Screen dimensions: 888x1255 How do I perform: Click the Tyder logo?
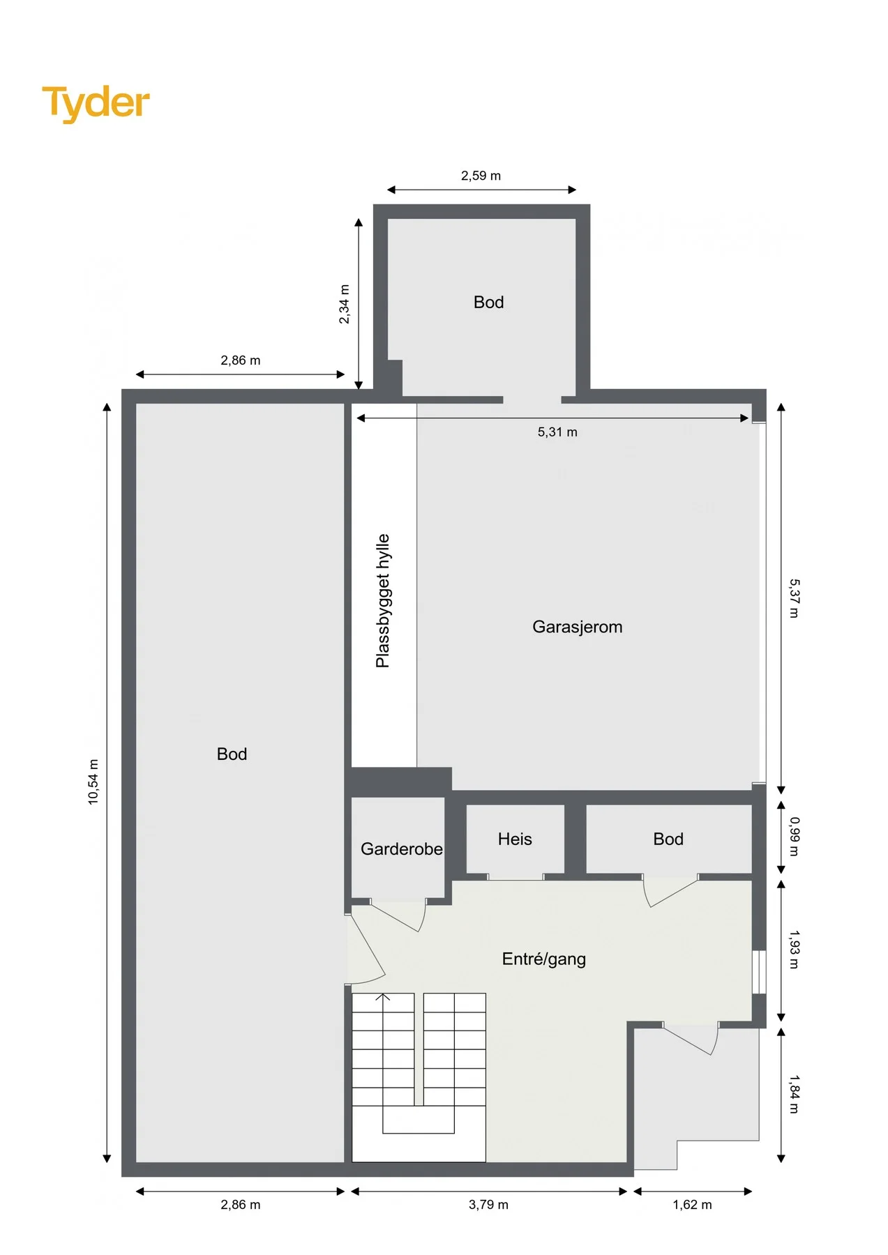click(96, 103)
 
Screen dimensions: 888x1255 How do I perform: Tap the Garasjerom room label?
click(577, 627)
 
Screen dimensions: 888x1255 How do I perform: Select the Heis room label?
click(515, 839)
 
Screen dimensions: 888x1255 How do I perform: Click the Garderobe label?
click(401, 849)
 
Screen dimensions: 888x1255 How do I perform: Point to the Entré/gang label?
click(543, 959)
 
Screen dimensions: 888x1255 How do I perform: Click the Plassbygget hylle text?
click(383, 601)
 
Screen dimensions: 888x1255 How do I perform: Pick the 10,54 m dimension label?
click(93, 782)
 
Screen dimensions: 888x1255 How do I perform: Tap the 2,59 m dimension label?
click(481, 176)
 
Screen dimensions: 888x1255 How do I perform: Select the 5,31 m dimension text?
click(557, 432)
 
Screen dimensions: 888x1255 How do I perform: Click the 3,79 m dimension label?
click(488, 1205)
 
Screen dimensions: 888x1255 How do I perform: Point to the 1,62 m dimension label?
click(692, 1205)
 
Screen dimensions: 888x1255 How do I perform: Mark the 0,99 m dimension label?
click(794, 837)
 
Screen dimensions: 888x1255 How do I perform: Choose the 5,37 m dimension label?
click(794, 598)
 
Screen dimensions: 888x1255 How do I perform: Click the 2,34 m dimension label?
click(344, 304)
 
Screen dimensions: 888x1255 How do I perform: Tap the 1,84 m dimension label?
click(794, 1095)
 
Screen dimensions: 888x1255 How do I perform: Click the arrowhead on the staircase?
click(383, 996)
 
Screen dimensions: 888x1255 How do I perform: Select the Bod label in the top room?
click(488, 302)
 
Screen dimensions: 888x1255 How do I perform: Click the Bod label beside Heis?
click(668, 839)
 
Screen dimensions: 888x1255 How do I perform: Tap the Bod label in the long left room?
click(232, 754)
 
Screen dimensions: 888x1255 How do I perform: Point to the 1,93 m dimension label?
click(794, 950)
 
